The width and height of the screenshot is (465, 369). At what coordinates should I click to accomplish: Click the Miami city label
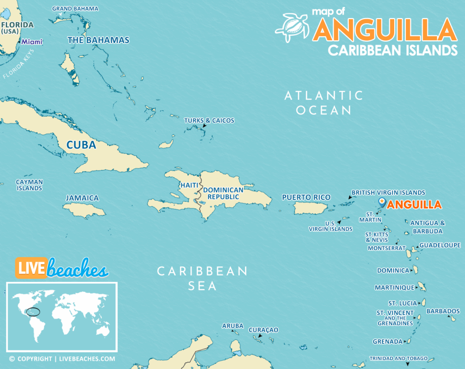(32, 42)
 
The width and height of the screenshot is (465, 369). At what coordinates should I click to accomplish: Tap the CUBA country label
(81, 145)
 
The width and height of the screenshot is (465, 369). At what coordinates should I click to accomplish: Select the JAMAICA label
(82, 198)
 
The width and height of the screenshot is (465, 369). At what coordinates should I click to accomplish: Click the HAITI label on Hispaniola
(189, 185)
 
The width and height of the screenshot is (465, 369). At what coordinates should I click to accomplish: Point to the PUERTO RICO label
(306, 197)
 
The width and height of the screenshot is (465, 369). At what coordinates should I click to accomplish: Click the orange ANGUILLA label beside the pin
(414, 205)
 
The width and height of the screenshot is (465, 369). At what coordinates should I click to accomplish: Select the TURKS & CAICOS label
(209, 120)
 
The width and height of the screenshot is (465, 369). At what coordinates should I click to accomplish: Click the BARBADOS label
(443, 311)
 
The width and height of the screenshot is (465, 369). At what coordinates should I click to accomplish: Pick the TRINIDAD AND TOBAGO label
(398, 359)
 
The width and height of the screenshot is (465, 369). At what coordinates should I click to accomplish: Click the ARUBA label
(232, 326)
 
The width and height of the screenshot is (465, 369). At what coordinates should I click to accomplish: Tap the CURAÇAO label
(263, 330)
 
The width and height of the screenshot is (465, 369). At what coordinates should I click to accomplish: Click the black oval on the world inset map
(33, 312)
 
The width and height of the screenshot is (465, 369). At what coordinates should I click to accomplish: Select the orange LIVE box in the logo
(31, 268)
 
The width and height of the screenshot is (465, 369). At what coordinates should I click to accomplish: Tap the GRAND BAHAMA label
(75, 9)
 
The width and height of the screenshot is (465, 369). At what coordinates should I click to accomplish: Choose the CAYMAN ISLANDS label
(30, 185)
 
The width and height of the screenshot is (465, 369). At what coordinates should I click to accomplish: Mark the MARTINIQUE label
(394, 287)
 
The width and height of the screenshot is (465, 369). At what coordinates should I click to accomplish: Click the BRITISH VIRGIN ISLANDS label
(388, 192)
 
